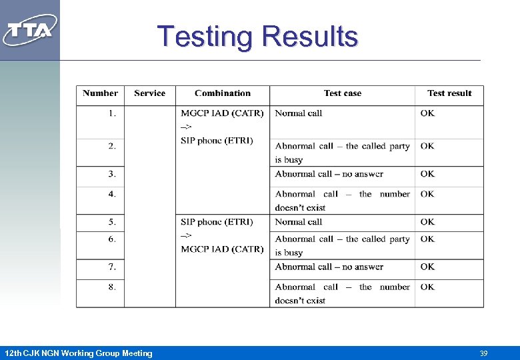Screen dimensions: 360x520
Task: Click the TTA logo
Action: pyautogui.click(x=29, y=30)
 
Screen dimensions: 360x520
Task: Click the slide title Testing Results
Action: pyautogui.click(x=257, y=36)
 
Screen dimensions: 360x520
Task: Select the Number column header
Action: pyautogui.click(x=100, y=93)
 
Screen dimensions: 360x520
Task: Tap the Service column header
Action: pyautogui.click(x=149, y=93)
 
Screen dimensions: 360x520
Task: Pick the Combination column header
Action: pyautogui.click(x=223, y=93)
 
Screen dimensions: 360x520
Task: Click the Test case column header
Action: pyautogui.click(x=343, y=93)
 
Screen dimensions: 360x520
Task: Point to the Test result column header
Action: pyautogui.click(x=449, y=93)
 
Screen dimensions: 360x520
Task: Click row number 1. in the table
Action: pyautogui.click(x=112, y=113)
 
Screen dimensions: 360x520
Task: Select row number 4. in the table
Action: pyautogui.click(x=112, y=194)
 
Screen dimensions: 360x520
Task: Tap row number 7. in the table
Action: pyautogui.click(x=112, y=267)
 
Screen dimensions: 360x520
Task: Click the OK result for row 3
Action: pyautogui.click(x=427, y=174)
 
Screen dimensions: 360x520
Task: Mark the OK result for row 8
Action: pyautogui.click(x=427, y=287)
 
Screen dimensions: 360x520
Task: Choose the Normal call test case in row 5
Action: pyautogui.click(x=298, y=222)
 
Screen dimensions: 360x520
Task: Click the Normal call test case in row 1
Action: pyautogui.click(x=298, y=113)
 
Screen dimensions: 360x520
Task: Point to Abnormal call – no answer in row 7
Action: pyautogui.click(x=329, y=267)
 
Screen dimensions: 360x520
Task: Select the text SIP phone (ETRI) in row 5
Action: pyautogui.click(x=217, y=222)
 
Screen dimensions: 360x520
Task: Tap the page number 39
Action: pyautogui.click(x=484, y=353)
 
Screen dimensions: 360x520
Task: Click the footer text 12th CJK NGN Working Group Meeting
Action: pyautogui.click(x=78, y=353)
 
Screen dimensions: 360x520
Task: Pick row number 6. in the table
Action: pyautogui.click(x=112, y=239)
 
